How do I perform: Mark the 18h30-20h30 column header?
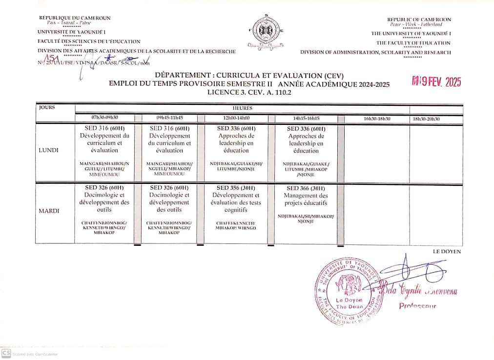(x=426, y=119)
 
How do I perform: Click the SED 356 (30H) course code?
(x=236, y=188)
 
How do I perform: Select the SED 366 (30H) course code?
(x=306, y=188)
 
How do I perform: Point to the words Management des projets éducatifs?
(x=306, y=199)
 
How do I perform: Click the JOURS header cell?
(x=47, y=107)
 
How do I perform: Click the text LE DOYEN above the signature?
(x=447, y=251)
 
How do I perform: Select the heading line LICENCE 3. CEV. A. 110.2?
(x=249, y=92)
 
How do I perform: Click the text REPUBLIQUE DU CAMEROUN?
(x=75, y=18)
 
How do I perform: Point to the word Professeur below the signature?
(x=417, y=306)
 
